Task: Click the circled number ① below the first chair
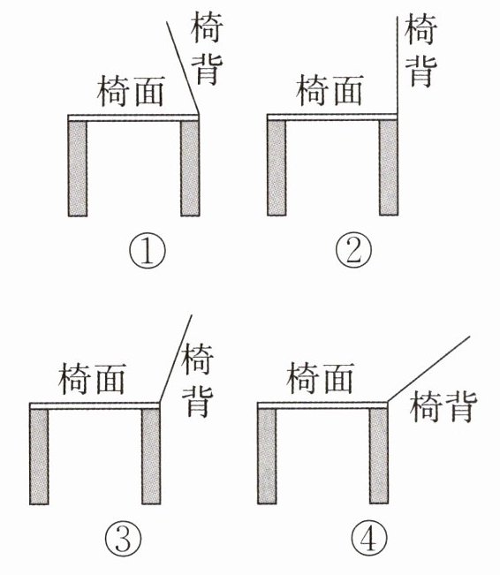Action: click(148, 251)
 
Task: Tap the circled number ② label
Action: click(354, 251)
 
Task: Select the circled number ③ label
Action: click(124, 538)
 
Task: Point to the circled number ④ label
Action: click(368, 538)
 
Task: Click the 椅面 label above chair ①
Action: click(131, 91)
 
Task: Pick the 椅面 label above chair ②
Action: click(330, 90)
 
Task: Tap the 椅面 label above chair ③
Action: click(93, 378)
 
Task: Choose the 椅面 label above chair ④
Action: click(321, 378)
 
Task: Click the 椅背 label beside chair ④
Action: click(443, 407)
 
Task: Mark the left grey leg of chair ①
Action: click(78, 169)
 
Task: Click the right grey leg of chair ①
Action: click(190, 169)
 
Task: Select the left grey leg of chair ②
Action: click(277, 168)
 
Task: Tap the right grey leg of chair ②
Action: click(389, 168)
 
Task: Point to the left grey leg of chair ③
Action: click(39, 456)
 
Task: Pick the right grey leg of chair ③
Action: click(151, 456)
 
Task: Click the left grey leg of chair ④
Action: click(267, 456)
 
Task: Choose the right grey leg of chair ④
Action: click(379, 456)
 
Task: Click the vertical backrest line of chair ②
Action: click(398, 65)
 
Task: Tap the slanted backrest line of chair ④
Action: click(428, 369)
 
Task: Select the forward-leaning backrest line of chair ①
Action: click(183, 68)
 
